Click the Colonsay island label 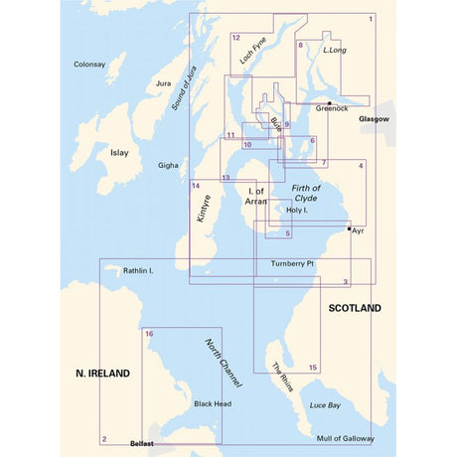(x=89, y=65)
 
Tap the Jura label (x=165, y=84)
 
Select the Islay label (x=119, y=153)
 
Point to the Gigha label (x=168, y=166)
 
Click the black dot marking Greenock (x=329, y=102)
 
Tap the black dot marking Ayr (x=348, y=228)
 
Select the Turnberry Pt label (x=292, y=263)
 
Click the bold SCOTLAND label (x=355, y=309)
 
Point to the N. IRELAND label (x=103, y=374)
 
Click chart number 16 (x=149, y=334)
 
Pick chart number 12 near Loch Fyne (x=235, y=38)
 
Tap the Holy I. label (x=299, y=211)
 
